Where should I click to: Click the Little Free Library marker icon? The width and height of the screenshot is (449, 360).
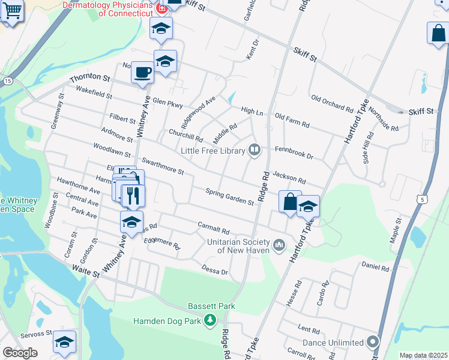255,150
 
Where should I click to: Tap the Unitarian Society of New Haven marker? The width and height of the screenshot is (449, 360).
279,245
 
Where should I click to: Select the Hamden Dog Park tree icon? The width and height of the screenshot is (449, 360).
209,321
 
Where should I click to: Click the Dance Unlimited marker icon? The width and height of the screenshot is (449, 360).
373,343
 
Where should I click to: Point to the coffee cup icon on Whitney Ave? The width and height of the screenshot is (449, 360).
142,73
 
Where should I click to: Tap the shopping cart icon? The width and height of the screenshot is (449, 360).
12,10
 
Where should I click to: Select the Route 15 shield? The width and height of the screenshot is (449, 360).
7,80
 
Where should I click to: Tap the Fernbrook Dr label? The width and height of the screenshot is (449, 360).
294,152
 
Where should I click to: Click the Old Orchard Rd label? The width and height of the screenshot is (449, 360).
332,103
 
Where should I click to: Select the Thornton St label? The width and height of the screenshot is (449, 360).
90,78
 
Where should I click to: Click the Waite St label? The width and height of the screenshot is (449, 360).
85,272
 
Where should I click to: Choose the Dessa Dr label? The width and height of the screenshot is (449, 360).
215,271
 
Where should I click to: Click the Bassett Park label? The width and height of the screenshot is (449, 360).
211,306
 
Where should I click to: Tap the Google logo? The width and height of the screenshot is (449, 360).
20,353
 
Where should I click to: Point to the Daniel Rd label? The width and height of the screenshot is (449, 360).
376,265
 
